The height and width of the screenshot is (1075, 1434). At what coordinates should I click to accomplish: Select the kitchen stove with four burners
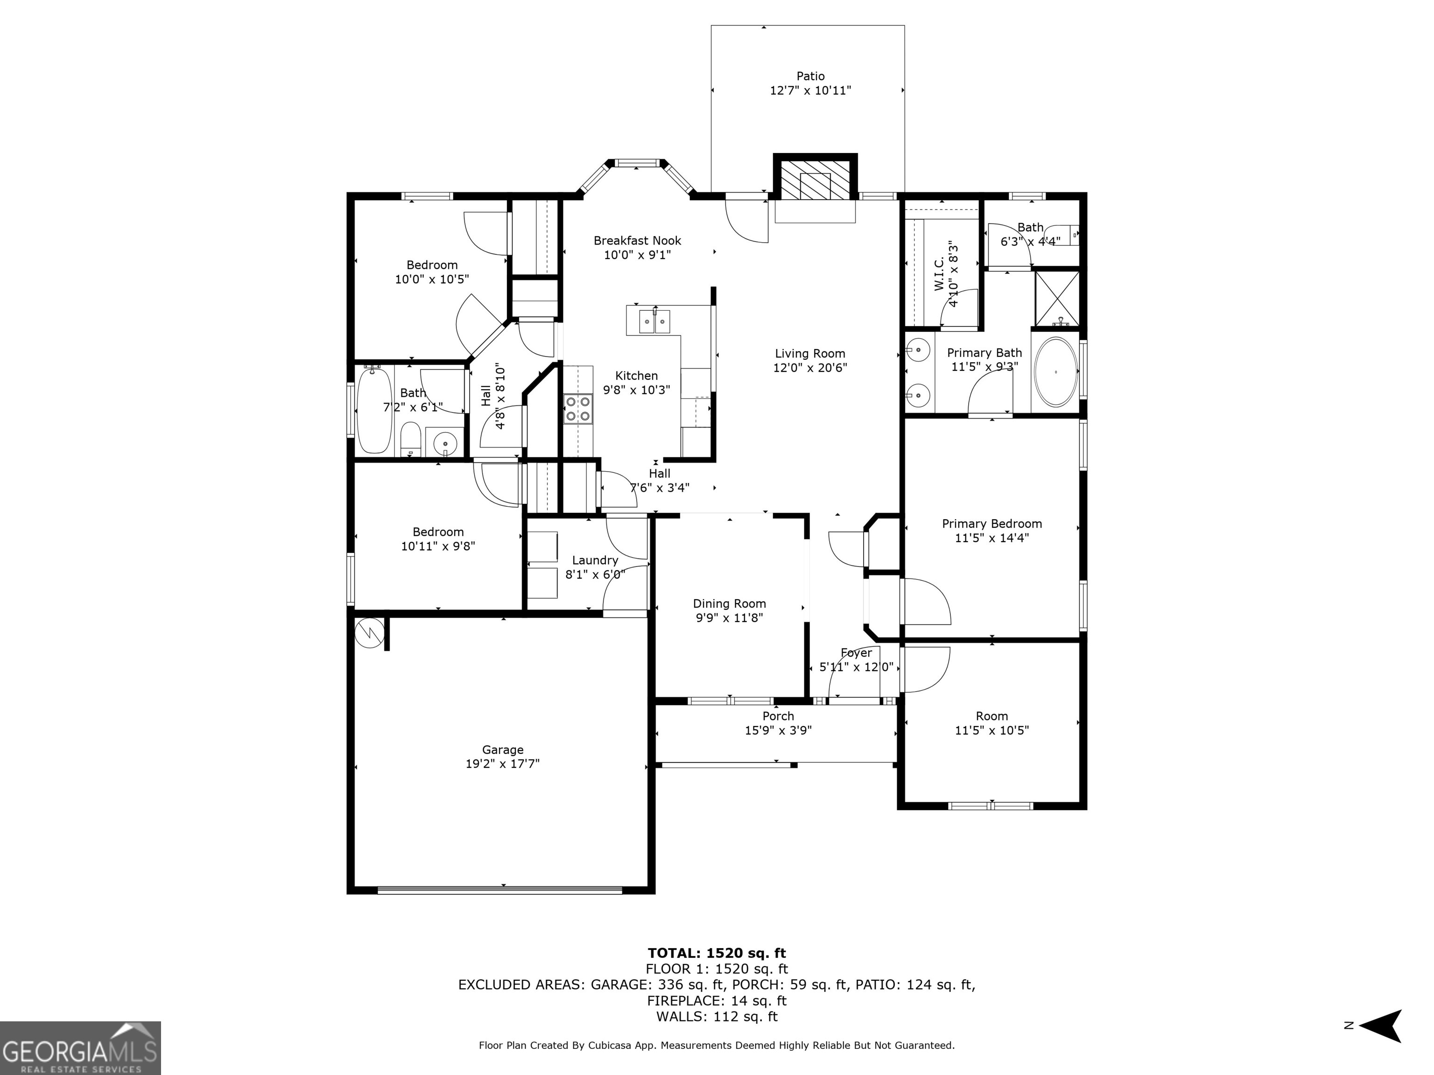[x=577, y=409]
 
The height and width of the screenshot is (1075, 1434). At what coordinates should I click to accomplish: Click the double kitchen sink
[x=655, y=321]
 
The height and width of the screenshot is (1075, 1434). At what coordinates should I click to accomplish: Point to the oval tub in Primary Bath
[x=1055, y=372]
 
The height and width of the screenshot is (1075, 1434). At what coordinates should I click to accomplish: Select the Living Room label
[x=810, y=354]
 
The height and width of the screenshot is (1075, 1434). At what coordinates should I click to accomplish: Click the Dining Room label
[x=729, y=604]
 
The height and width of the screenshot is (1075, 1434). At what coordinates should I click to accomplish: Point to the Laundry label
[x=595, y=560]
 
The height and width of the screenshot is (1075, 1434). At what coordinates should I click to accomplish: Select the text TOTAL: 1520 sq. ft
[x=717, y=953]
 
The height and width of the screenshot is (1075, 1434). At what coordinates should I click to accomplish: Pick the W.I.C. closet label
[x=939, y=275]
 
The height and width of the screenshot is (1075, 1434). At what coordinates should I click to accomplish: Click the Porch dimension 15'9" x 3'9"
[x=778, y=730]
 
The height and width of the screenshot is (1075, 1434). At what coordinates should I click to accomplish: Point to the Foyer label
[x=857, y=653]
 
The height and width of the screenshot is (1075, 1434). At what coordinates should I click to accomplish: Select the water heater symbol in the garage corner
[x=370, y=632]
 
